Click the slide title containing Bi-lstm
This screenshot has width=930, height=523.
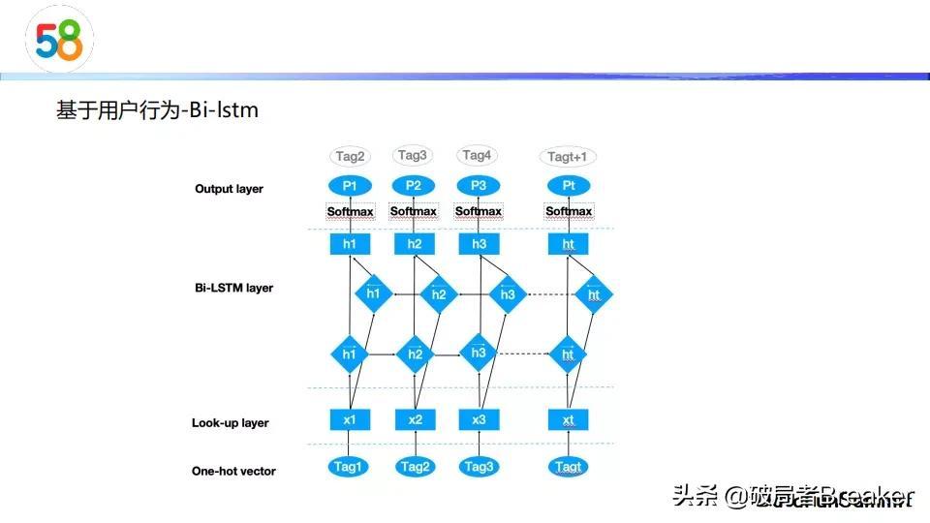pyautogui.click(x=157, y=110)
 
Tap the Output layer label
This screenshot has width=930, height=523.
pyautogui.click(x=229, y=189)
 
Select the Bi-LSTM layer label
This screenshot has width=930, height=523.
pyautogui.click(x=233, y=288)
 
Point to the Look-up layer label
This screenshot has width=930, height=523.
pyautogui.click(x=230, y=422)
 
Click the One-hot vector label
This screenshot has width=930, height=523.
pyautogui.click(x=233, y=471)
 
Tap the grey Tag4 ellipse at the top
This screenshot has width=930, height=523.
pyautogui.click(x=478, y=156)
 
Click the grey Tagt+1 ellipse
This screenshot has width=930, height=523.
pyautogui.click(x=568, y=157)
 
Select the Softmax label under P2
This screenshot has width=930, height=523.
pyautogui.click(x=414, y=211)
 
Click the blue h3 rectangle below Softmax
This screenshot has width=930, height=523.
pyautogui.click(x=479, y=244)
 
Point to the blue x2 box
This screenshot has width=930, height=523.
pyautogui.click(x=415, y=419)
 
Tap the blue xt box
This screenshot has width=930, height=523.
pyautogui.click(x=568, y=419)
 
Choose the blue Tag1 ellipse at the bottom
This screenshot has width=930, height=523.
pyautogui.click(x=350, y=467)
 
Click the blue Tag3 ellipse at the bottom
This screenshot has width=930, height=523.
pyautogui.click(x=479, y=467)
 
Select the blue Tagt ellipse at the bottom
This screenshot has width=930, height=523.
pyautogui.click(x=569, y=467)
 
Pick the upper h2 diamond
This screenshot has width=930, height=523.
pyautogui.click(x=439, y=293)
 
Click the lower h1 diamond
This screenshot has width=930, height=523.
pyautogui.click(x=350, y=354)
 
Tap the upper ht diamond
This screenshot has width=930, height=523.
pyautogui.click(x=594, y=293)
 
